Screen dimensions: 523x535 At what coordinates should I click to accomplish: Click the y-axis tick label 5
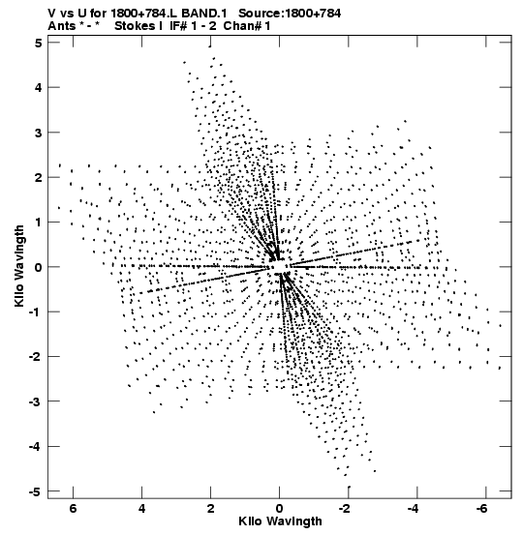click(39, 43)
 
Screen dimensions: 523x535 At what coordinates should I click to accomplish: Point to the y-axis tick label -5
click(36, 491)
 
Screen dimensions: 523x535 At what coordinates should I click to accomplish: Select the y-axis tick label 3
click(39, 133)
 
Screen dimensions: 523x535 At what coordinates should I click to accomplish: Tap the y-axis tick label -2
click(36, 357)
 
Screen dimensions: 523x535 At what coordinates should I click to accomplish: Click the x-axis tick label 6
click(73, 509)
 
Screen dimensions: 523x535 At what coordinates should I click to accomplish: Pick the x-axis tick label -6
click(482, 509)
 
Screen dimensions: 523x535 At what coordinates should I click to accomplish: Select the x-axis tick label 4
click(141, 509)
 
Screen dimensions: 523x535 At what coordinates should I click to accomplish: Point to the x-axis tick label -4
click(414, 509)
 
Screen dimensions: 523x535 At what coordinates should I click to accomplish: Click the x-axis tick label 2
click(211, 509)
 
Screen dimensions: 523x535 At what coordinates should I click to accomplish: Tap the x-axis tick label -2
click(345, 509)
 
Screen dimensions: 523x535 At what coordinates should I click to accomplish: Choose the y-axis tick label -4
click(36, 447)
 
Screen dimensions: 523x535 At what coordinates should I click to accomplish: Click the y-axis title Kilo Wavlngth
click(19, 266)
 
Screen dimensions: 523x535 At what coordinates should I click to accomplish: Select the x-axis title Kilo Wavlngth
click(280, 521)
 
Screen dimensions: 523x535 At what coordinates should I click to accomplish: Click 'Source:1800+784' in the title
click(290, 14)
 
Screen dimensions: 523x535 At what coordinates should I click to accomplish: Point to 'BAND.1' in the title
click(204, 14)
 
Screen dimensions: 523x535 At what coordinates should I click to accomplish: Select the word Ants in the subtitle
click(62, 26)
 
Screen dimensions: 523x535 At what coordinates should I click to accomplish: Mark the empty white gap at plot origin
click(280, 266)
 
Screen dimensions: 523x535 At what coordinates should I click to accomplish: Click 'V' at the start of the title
click(52, 14)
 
